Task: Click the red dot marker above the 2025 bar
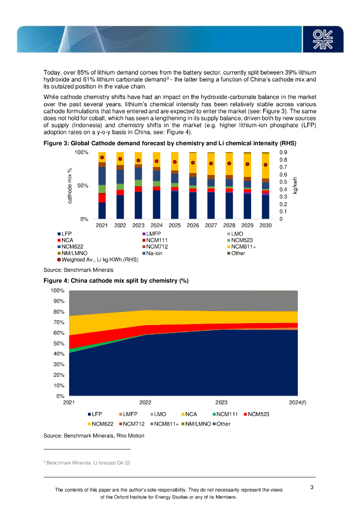[x=175, y=162]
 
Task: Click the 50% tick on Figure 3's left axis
[x=82, y=185]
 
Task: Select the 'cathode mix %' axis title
[x=70, y=185]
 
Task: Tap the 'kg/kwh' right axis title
[x=295, y=185]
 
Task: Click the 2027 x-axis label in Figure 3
[x=211, y=226]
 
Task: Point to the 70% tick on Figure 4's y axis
[x=59, y=323]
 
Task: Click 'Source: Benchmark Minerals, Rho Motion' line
[x=94, y=435]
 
